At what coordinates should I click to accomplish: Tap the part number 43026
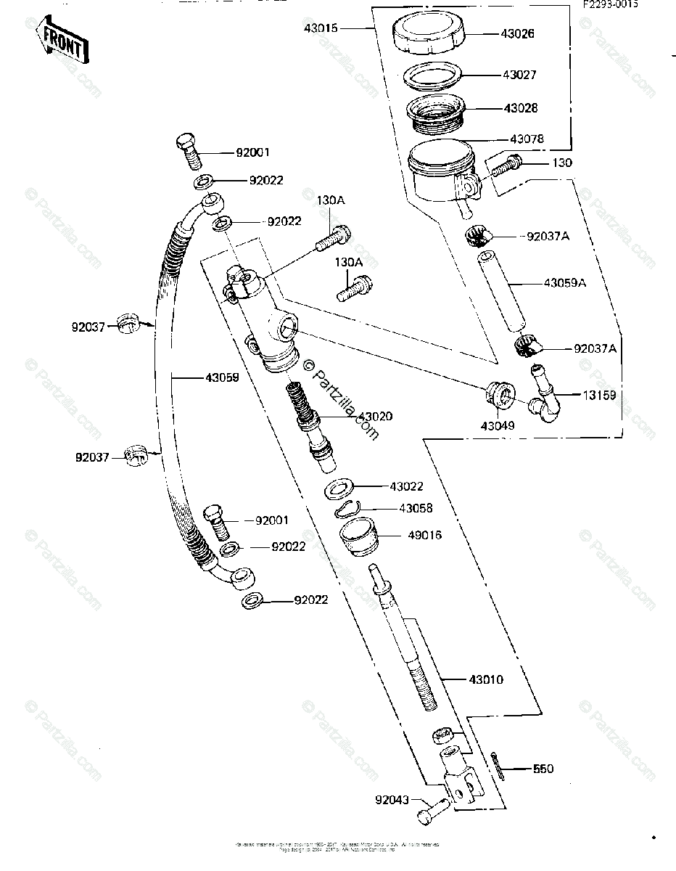pyautogui.click(x=519, y=33)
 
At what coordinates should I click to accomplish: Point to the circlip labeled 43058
pyautogui.click(x=351, y=509)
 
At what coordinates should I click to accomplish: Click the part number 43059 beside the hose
pyautogui.click(x=223, y=377)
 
